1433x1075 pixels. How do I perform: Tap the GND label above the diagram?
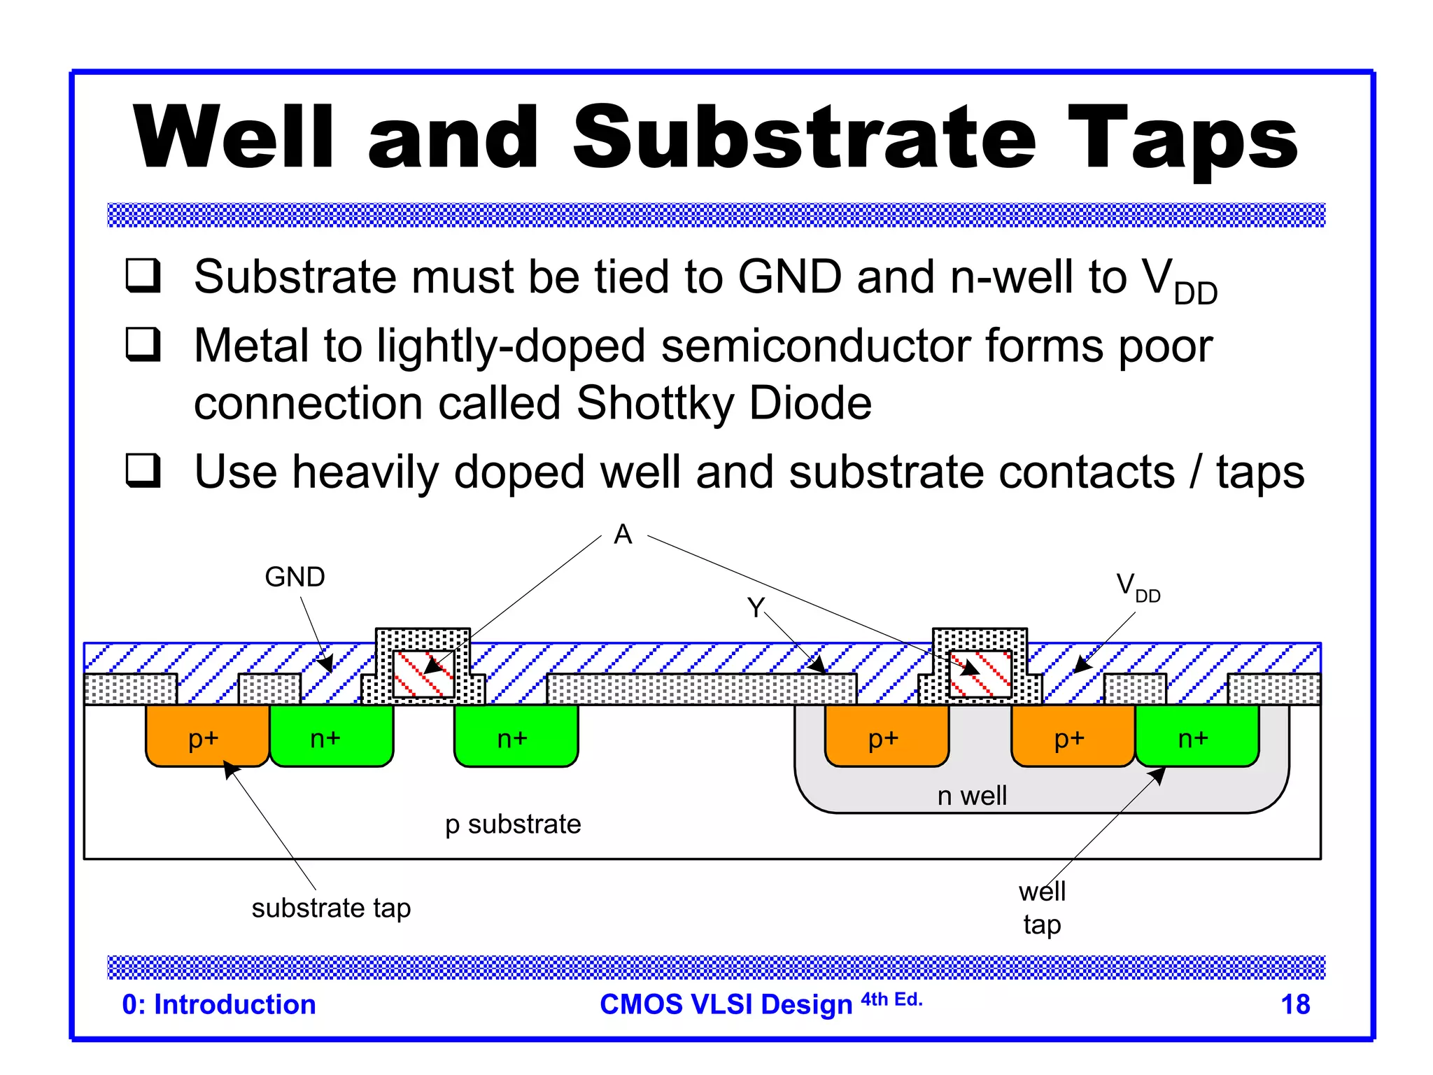tap(295, 577)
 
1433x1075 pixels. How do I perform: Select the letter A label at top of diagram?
tap(622, 535)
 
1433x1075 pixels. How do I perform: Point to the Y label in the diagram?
tap(755, 607)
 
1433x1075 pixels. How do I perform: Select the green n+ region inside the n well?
tap(1196, 736)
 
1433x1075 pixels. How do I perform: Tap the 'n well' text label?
tap(972, 796)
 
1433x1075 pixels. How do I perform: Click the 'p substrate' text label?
tap(513, 824)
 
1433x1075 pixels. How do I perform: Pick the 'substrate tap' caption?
tap(331, 908)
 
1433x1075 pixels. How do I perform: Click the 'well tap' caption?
tap(1042, 908)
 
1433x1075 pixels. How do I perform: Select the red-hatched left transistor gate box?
tap(423, 674)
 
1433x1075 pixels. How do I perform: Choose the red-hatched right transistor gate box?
tap(980, 674)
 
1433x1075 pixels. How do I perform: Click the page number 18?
tap(1294, 1004)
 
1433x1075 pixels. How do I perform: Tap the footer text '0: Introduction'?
tap(219, 1004)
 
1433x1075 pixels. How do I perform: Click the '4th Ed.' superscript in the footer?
tap(891, 999)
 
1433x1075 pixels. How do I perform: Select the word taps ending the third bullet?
tap(1260, 473)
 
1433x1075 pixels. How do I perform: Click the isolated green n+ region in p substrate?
tap(516, 736)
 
